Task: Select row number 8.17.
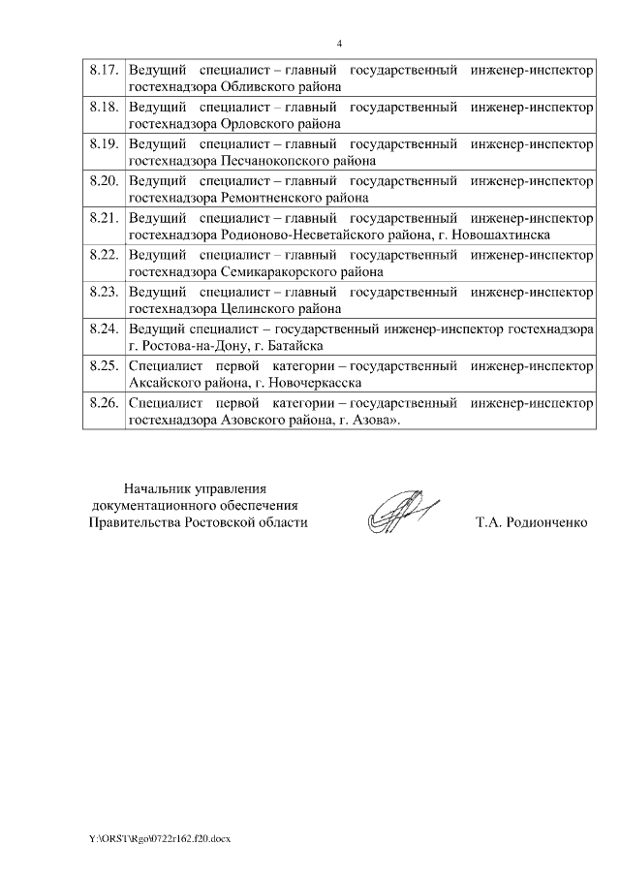click(x=103, y=71)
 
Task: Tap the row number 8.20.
click(x=103, y=181)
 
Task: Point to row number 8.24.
click(x=103, y=329)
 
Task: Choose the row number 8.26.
click(x=103, y=402)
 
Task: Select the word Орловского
click(x=250, y=124)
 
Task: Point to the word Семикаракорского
click(x=268, y=271)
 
